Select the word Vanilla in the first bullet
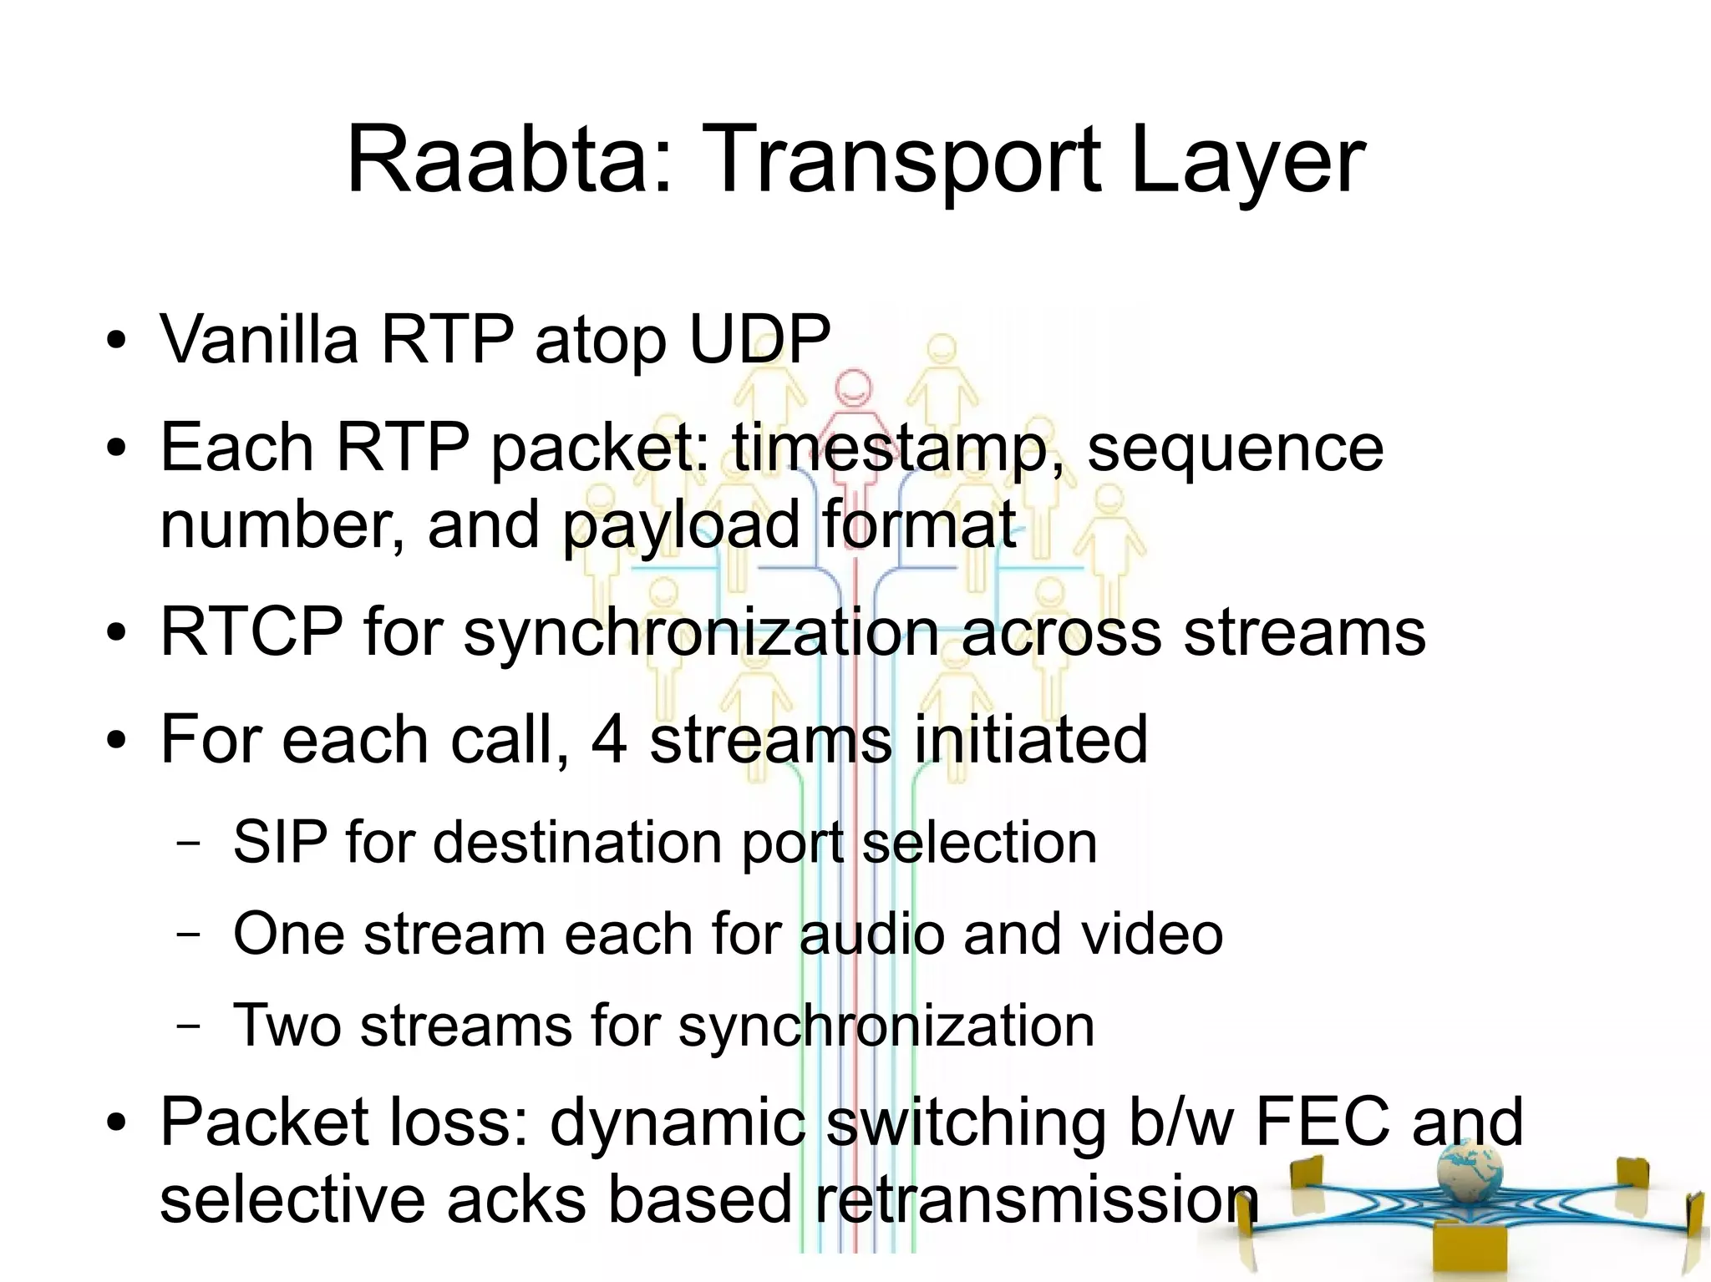(x=259, y=340)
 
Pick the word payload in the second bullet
(x=680, y=524)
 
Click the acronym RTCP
(x=251, y=632)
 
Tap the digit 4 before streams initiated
(x=609, y=739)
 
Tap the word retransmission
(x=1036, y=1199)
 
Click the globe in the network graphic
(x=1470, y=1169)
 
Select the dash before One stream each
(x=189, y=934)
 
